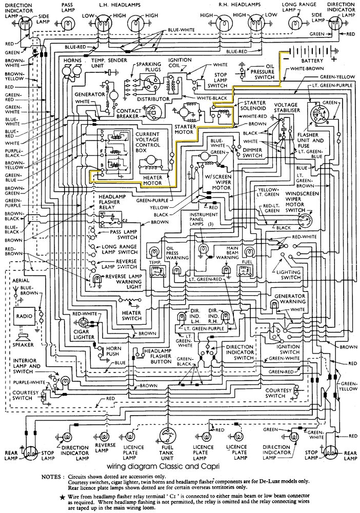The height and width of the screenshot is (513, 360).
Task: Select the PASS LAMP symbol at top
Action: point(68,22)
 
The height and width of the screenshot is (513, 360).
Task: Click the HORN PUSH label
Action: point(113,351)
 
